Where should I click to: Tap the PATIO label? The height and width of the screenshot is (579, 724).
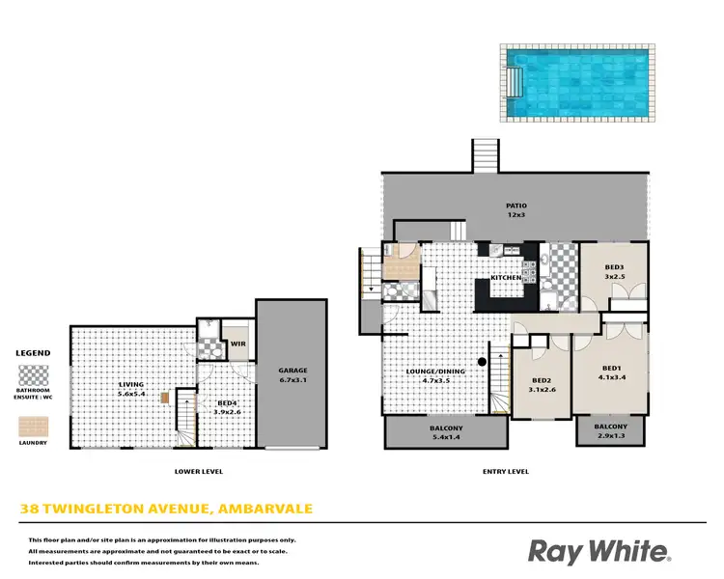(x=516, y=205)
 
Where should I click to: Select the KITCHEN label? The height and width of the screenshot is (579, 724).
(x=506, y=277)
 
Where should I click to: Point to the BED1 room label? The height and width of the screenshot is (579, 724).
(x=610, y=368)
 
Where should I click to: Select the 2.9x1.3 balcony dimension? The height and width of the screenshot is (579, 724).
(x=610, y=437)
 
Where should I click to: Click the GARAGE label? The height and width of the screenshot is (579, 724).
(x=292, y=370)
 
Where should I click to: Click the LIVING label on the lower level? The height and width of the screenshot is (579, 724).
(x=130, y=384)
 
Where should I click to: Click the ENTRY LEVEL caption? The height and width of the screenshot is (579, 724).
(x=505, y=471)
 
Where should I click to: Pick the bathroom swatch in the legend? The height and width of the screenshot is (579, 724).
(x=35, y=375)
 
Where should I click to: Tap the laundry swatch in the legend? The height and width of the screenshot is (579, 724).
(x=35, y=424)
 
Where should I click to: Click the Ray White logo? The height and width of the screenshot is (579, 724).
(x=598, y=551)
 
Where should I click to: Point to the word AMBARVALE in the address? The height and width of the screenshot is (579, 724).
(x=265, y=509)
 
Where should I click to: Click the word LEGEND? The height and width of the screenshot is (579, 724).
(x=35, y=354)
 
